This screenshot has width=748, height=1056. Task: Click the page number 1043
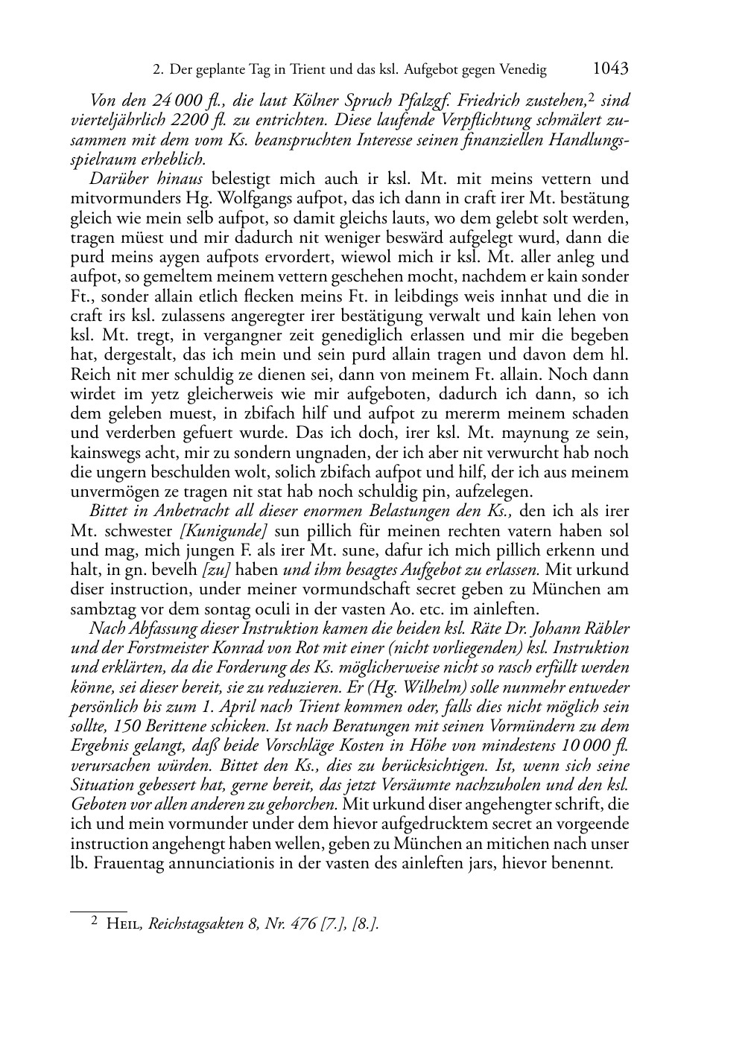point(611,69)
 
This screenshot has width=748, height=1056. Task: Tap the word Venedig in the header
point(522,70)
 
